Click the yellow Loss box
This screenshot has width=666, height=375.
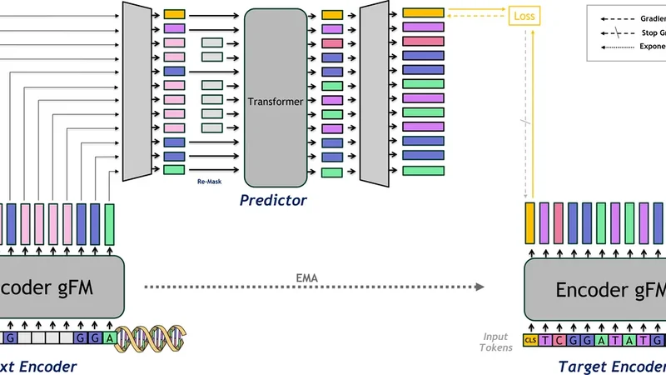tap(526, 15)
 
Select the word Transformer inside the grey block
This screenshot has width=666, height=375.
tap(275, 102)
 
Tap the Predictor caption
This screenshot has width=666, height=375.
tap(273, 200)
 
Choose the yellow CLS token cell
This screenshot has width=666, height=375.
tap(530, 339)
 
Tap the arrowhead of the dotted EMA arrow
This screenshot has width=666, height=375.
tap(480, 287)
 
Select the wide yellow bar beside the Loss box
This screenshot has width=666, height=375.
tap(423, 13)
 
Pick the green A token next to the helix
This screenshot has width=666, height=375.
tap(109, 338)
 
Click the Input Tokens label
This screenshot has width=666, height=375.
tap(496, 341)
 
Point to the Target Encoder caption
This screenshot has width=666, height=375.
tap(613, 367)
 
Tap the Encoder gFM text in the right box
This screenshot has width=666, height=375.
tap(611, 289)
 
